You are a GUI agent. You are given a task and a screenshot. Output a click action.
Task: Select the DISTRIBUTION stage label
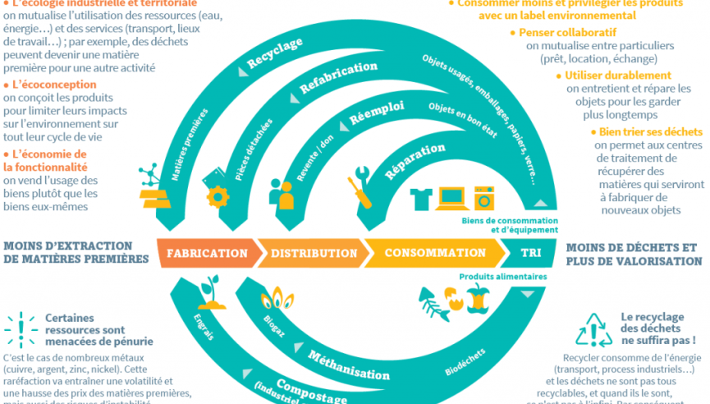pyautogui.click(x=309, y=253)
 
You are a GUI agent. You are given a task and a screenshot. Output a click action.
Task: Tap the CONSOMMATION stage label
pyautogui.click(x=435, y=253)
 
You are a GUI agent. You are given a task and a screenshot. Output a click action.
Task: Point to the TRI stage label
pyautogui.click(x=531, y=253)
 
